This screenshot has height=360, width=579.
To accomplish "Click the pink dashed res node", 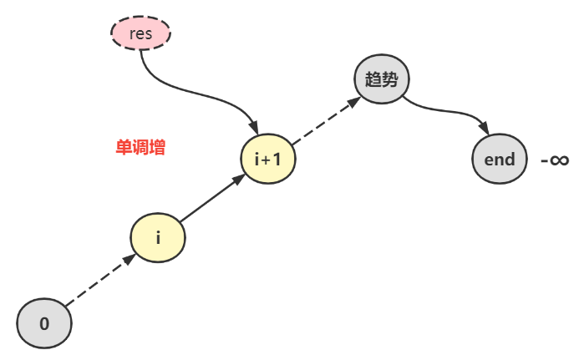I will point(140,34).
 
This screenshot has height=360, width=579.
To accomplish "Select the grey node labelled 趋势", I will point(382,80).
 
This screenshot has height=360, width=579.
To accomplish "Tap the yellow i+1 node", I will point(267,159).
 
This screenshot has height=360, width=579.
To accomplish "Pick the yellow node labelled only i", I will point(158,237).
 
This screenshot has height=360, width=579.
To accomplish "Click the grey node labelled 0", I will point(44,322).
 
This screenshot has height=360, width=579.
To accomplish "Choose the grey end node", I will point(499,159).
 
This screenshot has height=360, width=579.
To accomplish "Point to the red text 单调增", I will point(140,149).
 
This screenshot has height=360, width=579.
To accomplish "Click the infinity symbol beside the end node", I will point(560,160).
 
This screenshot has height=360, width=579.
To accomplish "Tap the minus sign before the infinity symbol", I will point(544,160).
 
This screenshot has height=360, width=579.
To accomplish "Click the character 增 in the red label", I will point(157,149).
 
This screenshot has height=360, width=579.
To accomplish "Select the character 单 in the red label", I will point(123,149).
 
